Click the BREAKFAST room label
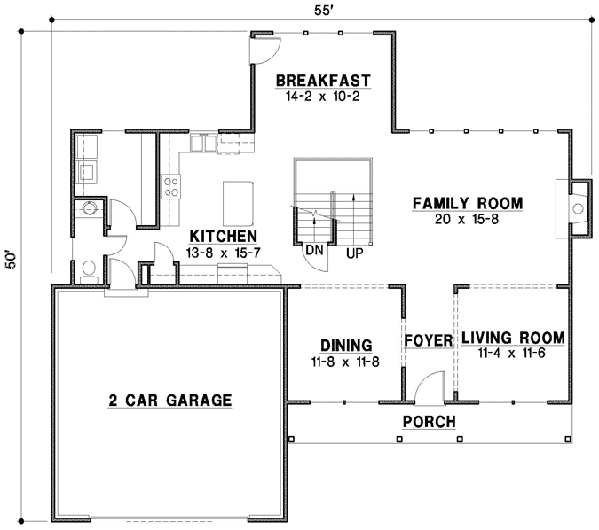[322, 81]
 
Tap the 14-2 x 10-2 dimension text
[322, 97]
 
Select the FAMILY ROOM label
[467, 204]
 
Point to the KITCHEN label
[224, 237]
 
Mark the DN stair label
[312, 251]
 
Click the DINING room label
[345, 346]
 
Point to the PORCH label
[429, 422]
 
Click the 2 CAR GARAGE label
[169, 401]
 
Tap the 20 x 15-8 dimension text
[467, 220]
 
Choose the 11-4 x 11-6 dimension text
[510, 354]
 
